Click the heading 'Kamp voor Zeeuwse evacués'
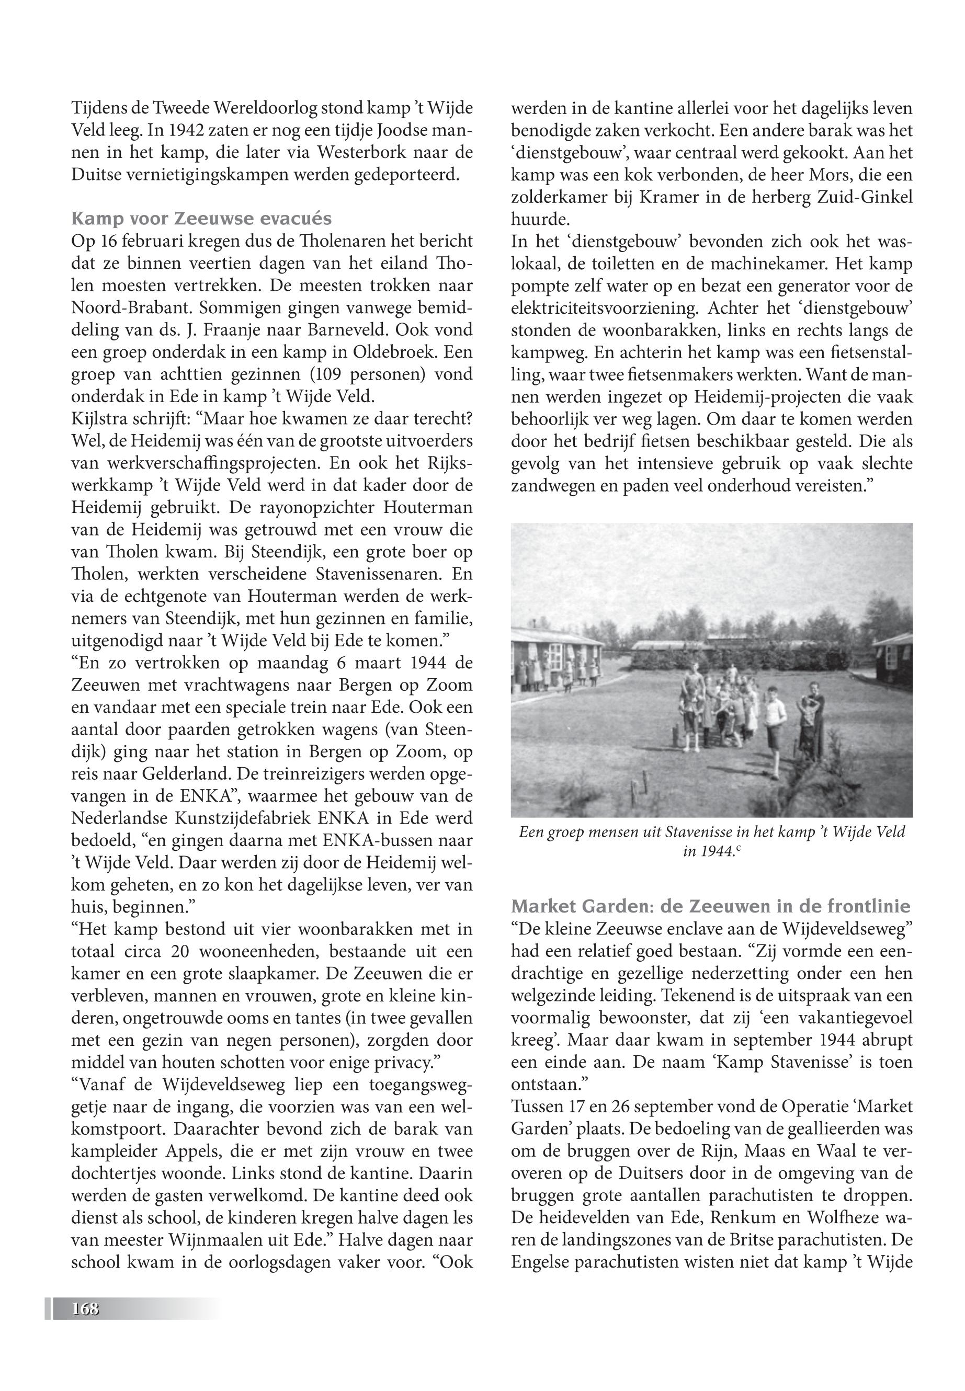tap(201, 218)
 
